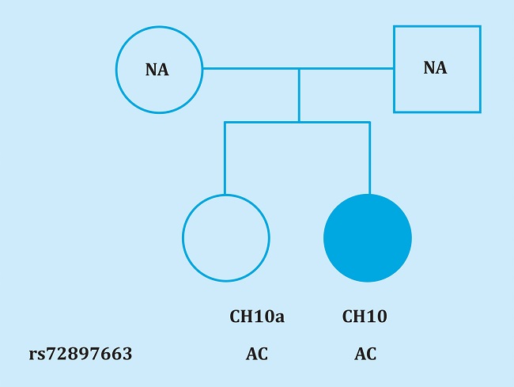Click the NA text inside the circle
157,70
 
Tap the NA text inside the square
435,68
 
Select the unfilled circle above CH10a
226,237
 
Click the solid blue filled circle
368,237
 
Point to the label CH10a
257,317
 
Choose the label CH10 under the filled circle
365,317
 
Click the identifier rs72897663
81,354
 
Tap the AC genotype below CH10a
257,354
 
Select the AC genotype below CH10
365,354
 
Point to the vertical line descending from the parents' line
299,95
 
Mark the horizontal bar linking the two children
261,122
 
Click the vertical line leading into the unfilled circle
225,158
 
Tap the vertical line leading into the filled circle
369,158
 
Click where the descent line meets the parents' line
299,69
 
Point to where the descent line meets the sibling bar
299,122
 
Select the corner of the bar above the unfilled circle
225,122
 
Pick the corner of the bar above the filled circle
369,122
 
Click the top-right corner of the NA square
479,27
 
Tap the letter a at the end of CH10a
279,318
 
